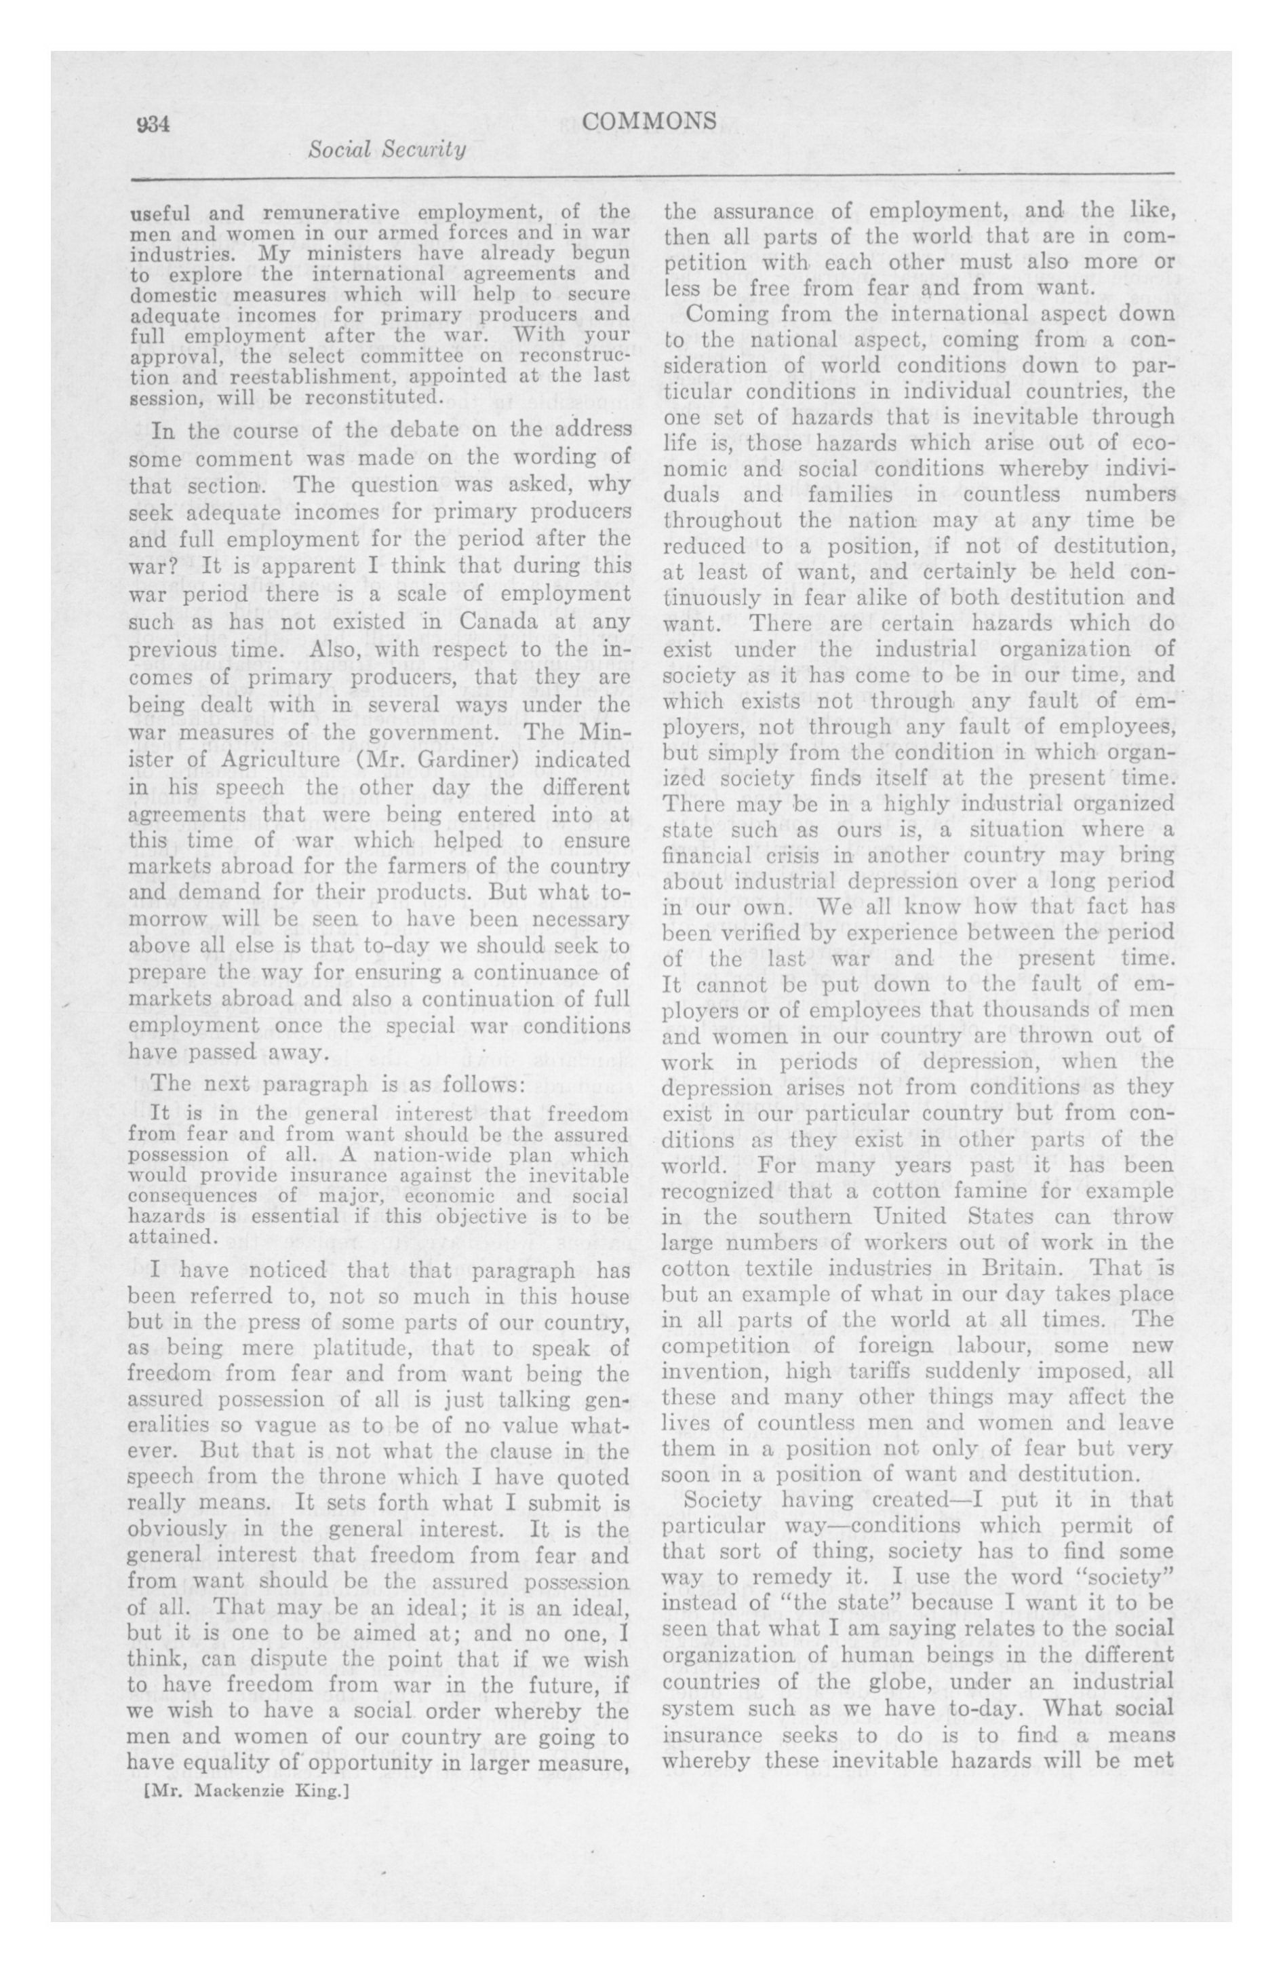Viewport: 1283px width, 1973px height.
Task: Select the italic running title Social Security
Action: coord(387,150)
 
